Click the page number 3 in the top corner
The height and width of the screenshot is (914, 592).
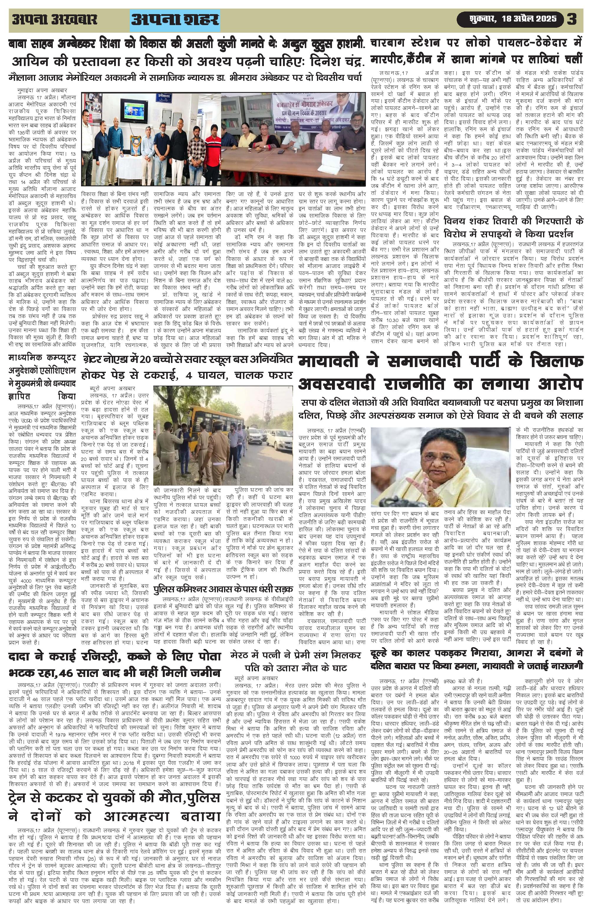click(572, 19)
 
